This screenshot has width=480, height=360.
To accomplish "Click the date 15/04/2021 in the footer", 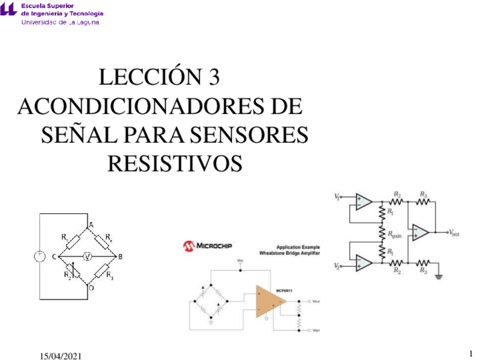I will pyautogui.click(x=61, y=355).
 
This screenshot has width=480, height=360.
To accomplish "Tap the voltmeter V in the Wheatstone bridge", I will pyautogui.click(x=87, y=256).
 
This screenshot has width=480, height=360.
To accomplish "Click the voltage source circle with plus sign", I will pyautogui.click(x=40, y=256).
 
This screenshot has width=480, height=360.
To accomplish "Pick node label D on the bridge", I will pyautogui.click(x=91, y=288).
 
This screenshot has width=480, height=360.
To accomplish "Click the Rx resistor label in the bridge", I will pyautogui.click(x=109, y=238).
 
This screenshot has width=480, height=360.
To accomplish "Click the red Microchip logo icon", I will pyautogui.click(x=188, y=246).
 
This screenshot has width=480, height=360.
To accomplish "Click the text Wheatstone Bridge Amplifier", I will pyautogui.click(x=289, y=253).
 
